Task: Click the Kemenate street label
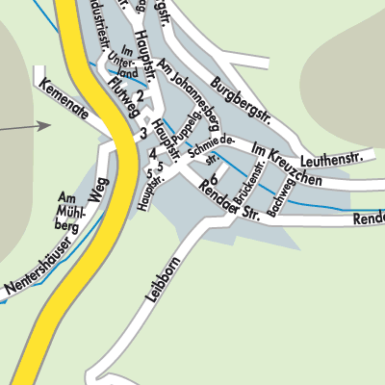point(64,99)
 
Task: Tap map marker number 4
point(152,152)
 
